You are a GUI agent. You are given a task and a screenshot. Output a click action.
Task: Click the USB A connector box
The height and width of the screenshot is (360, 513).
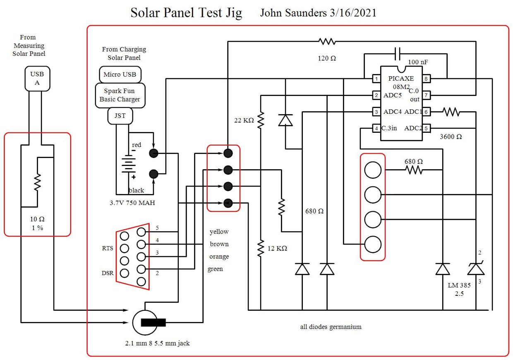[37, 79]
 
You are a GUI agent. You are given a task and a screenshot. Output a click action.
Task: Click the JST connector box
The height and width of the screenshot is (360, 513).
[120, 116]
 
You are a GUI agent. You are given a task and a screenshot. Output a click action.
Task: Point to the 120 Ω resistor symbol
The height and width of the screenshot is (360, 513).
[327, 41]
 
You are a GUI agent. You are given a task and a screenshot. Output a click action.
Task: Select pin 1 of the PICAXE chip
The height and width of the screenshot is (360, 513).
[376, 79]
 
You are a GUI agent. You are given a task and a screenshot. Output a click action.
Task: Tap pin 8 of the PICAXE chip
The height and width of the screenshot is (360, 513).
[426, 79]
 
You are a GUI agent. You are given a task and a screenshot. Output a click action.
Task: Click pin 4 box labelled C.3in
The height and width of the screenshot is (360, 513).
[376, 128]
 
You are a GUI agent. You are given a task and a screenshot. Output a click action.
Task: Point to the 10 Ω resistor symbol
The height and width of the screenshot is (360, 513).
[37, 182]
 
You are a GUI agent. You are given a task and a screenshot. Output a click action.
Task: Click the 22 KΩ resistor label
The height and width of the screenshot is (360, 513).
[244, 120]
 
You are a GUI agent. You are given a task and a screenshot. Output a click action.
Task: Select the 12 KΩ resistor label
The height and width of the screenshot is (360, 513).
[277, 249]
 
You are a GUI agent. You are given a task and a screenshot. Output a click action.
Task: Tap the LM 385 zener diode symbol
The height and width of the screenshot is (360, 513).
[476, 269]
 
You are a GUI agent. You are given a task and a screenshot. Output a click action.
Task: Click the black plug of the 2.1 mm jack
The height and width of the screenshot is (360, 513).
[153, 322]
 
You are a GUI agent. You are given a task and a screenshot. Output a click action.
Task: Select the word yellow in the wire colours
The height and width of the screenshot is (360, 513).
[219, 232]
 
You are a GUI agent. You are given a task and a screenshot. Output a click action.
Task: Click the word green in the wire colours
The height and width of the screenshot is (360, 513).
[215, 269]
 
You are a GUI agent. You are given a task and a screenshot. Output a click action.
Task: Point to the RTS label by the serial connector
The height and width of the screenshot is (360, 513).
[108, 249]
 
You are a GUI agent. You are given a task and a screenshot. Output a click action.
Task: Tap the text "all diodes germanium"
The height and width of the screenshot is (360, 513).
[331, 327]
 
